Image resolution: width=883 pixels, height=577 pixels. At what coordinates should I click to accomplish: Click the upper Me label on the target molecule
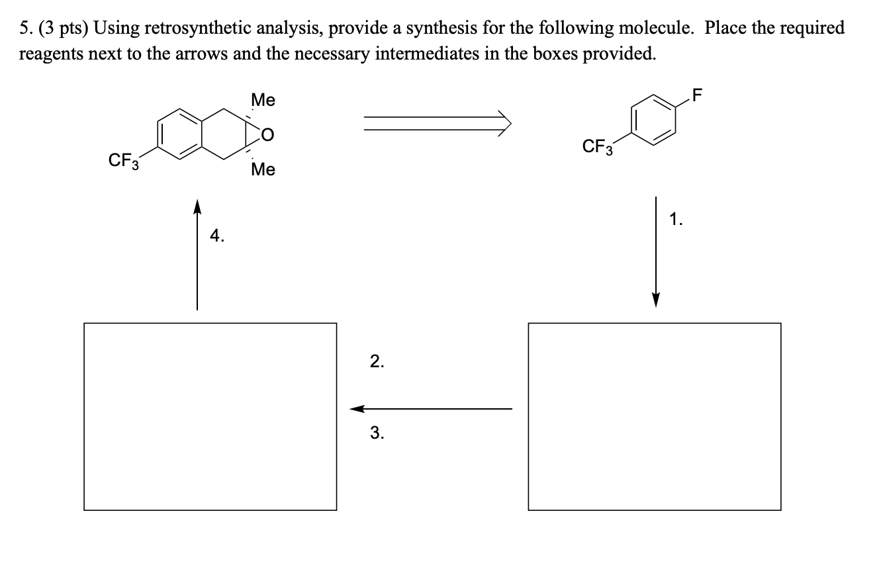[x=263, y=101]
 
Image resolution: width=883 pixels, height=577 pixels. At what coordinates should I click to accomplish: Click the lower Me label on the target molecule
[x=263, y=170]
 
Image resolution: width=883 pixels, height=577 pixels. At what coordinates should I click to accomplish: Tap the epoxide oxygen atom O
[x=268, y=136]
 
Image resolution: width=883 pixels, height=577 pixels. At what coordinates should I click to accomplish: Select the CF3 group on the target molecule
[x=123, y=161]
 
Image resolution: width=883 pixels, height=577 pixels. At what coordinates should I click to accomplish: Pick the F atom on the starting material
[x=694, y=94]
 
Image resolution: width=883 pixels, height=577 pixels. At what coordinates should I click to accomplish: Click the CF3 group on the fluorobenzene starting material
[x=597, y=146]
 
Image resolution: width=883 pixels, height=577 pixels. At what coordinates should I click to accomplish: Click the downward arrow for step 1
[x=655, y=251]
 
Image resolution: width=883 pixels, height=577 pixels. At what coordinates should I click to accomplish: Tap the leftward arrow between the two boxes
[x=430, y=409]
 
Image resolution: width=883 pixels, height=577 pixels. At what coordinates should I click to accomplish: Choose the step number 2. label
[x=376, y=361]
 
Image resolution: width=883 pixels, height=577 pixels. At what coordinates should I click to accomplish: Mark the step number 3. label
[x=376, y=433]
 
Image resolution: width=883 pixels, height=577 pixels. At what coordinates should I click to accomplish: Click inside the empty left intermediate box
[x=210, y=416]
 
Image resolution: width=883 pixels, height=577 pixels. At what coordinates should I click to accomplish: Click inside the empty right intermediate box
[x=654, y=416]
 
